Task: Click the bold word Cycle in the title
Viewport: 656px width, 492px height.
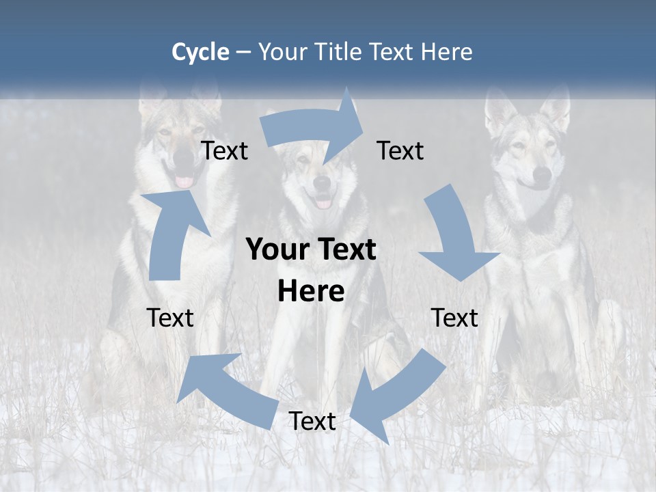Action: pos(200,52)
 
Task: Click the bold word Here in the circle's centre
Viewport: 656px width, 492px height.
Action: pos(311,292)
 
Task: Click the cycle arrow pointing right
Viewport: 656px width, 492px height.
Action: pos(311,126)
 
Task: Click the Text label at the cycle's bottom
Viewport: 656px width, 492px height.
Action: pos(312,422)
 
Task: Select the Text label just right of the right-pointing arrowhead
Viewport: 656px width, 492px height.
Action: pos(400,150)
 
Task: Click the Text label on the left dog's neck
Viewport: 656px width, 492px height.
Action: pos(224,150)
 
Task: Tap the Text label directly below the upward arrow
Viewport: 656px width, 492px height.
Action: pos(170,318)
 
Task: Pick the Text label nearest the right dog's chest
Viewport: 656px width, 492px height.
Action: pos(454,318)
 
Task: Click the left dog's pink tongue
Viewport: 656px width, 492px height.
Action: pos(184,182)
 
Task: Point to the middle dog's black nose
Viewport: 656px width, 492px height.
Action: pos(323,182)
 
